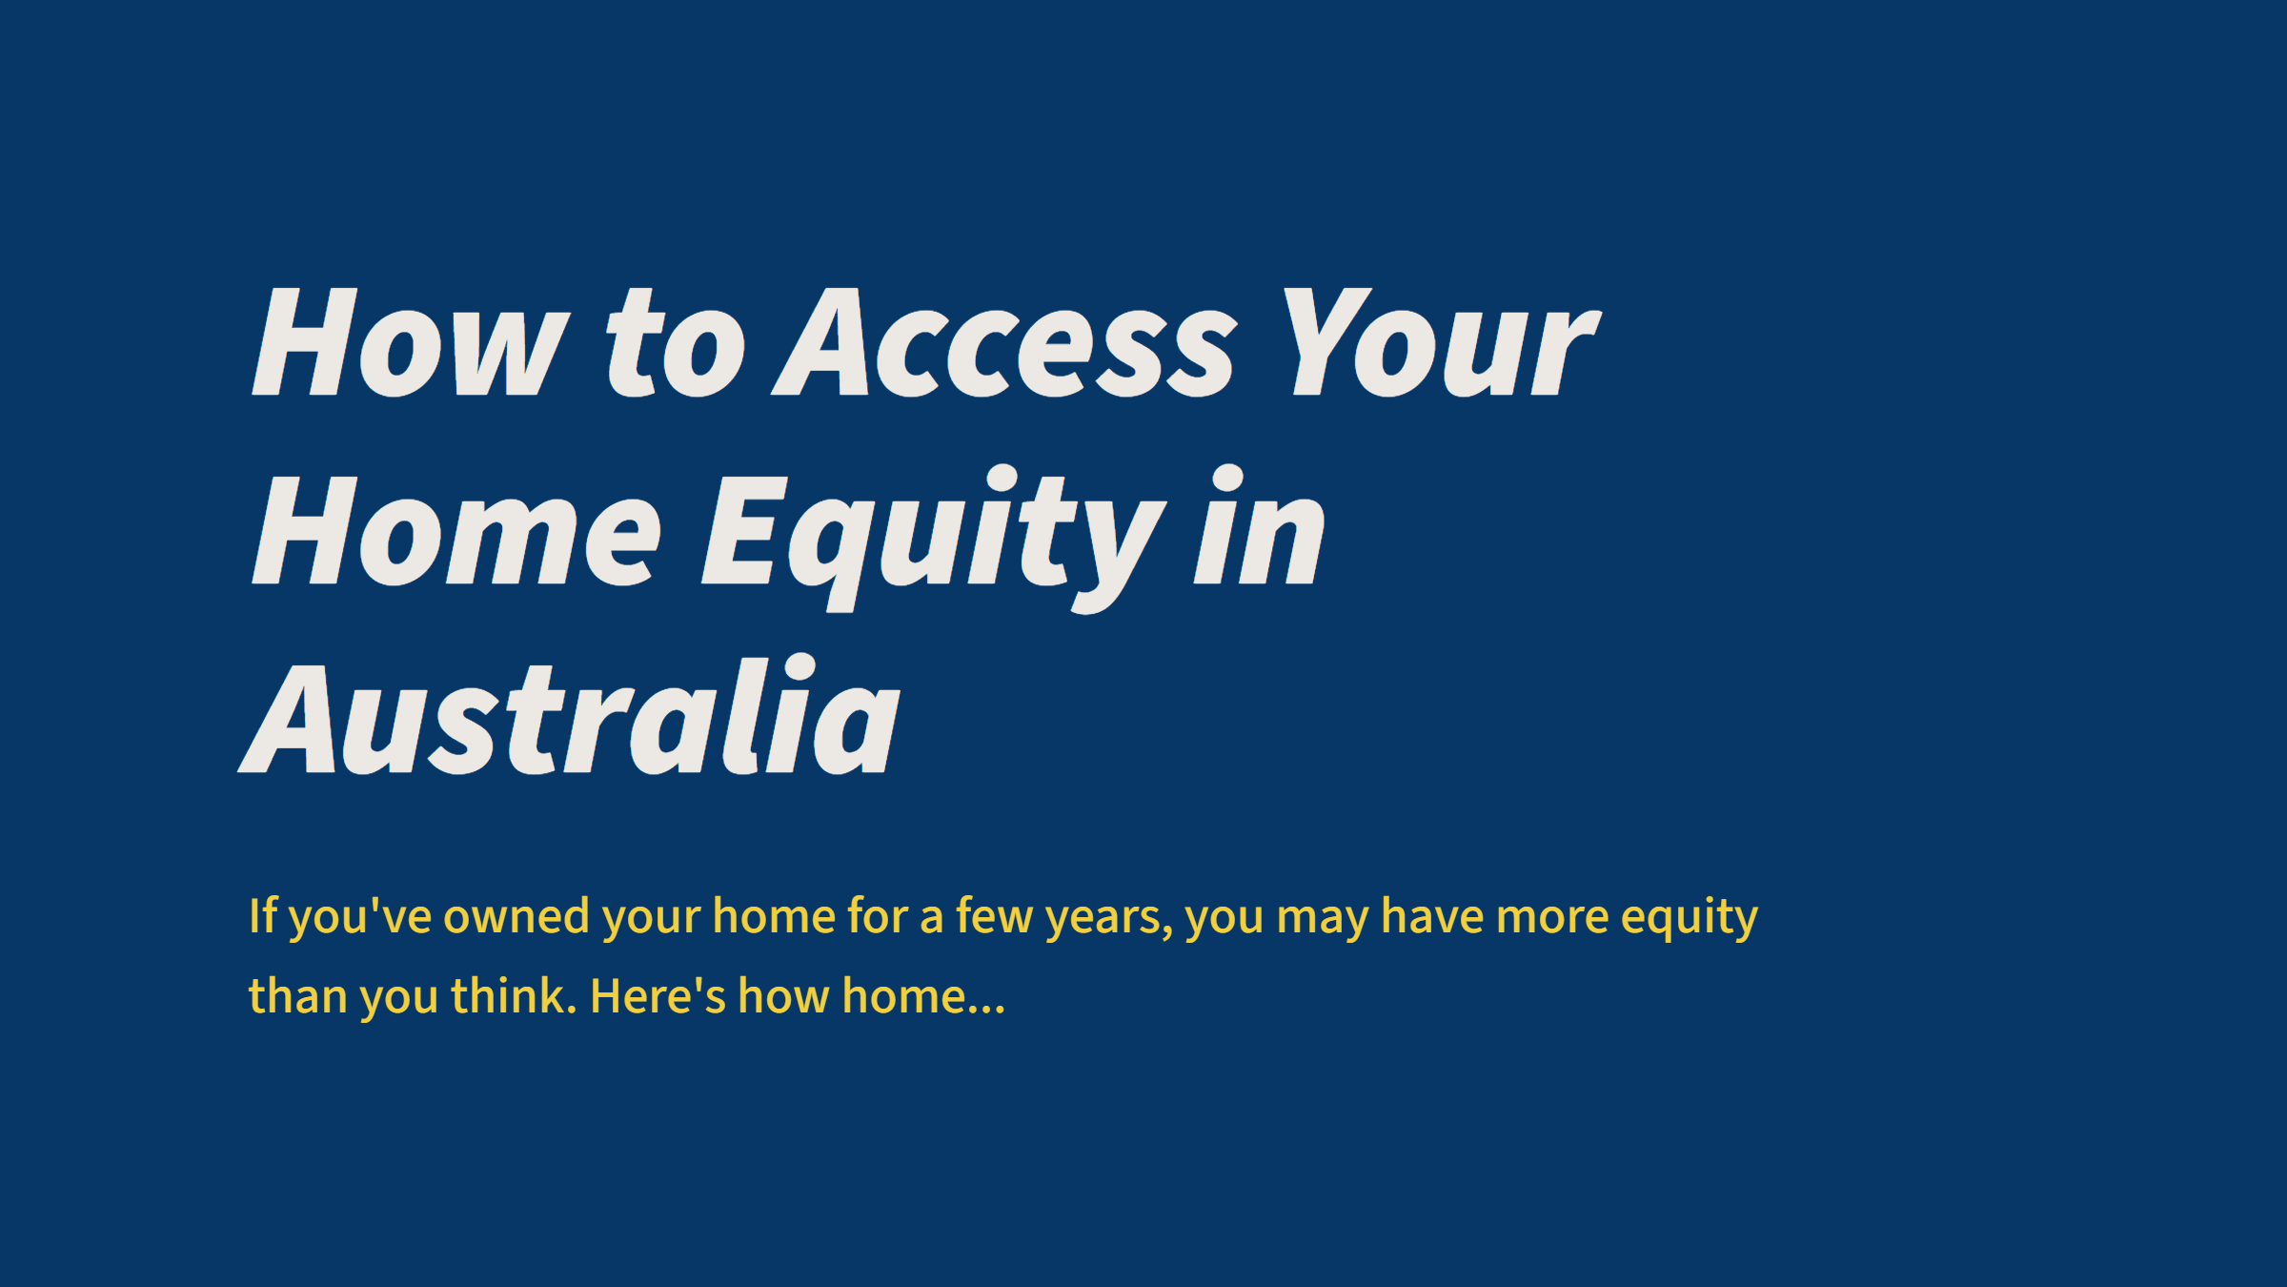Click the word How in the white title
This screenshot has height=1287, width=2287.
tap(410, 343)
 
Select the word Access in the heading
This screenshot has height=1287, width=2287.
tap(1005, 343)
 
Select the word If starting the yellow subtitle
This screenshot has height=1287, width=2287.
tap(262, 916)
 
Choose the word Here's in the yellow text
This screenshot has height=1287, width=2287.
tap(658, 996)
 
